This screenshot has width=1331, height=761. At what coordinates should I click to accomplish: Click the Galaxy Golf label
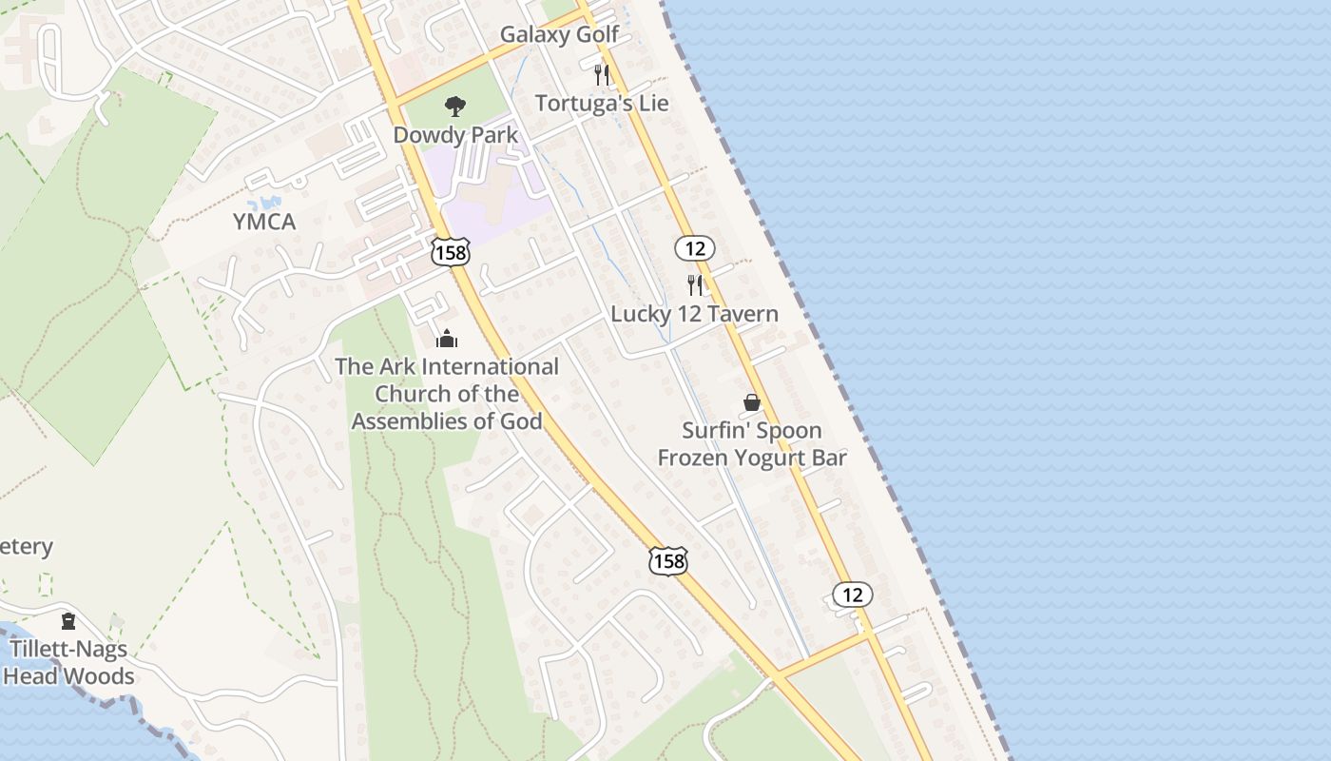pos(559,35)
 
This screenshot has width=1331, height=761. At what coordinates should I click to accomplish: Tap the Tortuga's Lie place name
pos(602,104)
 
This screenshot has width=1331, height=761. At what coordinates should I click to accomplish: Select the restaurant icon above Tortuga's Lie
pos(602,74)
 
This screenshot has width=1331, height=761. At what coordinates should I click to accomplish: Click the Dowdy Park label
pos(455,135)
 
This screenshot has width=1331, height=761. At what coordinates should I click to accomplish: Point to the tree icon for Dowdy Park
pos(455,107)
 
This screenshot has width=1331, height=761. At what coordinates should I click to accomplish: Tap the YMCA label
pos(264,223)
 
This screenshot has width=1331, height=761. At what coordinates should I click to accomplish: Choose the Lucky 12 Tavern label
pos(694,314)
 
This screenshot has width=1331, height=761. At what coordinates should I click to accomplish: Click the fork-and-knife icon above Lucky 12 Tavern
pos(695,284)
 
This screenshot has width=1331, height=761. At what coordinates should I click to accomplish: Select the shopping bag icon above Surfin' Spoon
pos(752,402)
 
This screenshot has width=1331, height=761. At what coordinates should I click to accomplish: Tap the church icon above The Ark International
pos(447,338)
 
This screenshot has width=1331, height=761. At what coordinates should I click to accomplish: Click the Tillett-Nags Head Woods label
pos(68,663)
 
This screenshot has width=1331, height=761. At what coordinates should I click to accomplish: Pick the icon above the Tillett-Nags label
pos(68,622)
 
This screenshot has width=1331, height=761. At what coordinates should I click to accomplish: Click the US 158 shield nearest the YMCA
pos(450,252)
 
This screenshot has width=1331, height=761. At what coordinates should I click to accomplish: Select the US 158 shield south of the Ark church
pos(667,561)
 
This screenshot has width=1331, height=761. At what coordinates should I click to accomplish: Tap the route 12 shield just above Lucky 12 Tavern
pos(695,249)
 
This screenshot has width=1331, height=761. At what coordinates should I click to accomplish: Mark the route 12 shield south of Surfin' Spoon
pos(852,595)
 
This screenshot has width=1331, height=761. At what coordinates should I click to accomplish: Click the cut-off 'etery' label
pos(26,547)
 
